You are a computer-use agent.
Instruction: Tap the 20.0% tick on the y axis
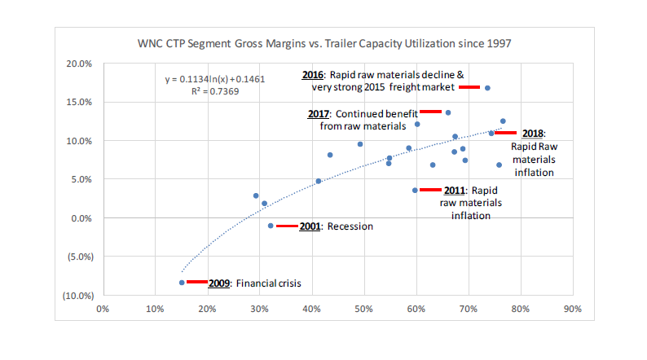(x=79, y=64)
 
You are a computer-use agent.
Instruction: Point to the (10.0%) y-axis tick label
(x=77, y=295)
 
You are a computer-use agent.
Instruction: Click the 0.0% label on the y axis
(x=81, y=218)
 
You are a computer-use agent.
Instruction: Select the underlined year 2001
(x=310, y=226)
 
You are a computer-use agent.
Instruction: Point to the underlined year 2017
(x=320, y=114)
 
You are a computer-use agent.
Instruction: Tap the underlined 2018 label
(x=533, y=134)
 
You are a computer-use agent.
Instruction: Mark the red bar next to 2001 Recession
(x=287, y=226)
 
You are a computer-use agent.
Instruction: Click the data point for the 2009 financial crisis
(x=182, y=283)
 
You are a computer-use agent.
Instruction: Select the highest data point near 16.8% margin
(x=487, y=88)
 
